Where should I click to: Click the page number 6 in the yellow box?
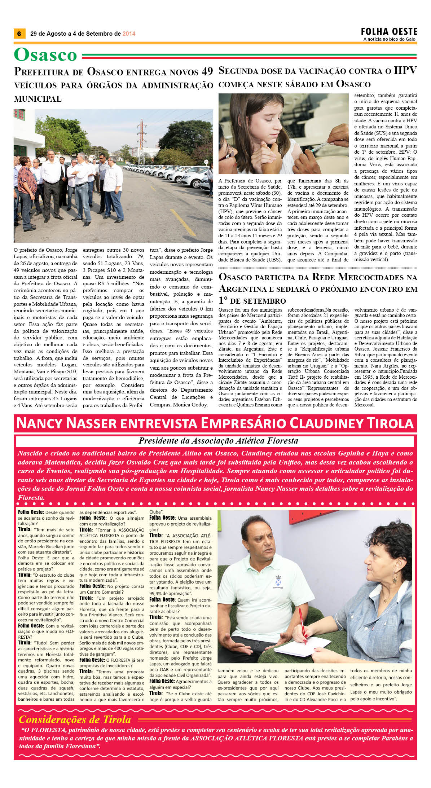click(x=19, y=34)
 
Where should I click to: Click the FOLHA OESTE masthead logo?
click(x=389, y=31)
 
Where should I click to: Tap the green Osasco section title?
click(x=45, y=55)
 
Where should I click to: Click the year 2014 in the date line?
click(x=129, y=34)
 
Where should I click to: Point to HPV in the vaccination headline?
click(x=405, y=70)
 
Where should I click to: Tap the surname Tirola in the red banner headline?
click(x=390, y=423)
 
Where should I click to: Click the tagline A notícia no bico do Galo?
click(x=389, y=39)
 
